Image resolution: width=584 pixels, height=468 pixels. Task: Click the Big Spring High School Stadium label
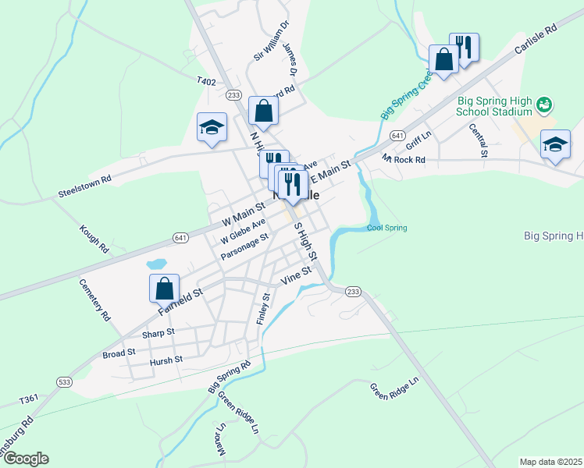(495, 106)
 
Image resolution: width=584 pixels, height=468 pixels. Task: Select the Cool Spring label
(387, 228)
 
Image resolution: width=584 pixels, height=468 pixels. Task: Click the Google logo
(25, 459)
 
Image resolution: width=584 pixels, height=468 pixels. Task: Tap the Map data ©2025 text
(550, 462)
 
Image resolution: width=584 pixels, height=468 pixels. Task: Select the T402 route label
(205, 80)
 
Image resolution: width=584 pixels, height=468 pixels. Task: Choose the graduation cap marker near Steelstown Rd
(212, 129)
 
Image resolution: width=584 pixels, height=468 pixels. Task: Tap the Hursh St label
(166, 360)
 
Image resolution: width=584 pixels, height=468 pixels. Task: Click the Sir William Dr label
(270, 41)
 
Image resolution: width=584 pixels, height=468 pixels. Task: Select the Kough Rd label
(93, 239)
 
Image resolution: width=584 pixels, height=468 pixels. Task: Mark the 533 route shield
(64, 381)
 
